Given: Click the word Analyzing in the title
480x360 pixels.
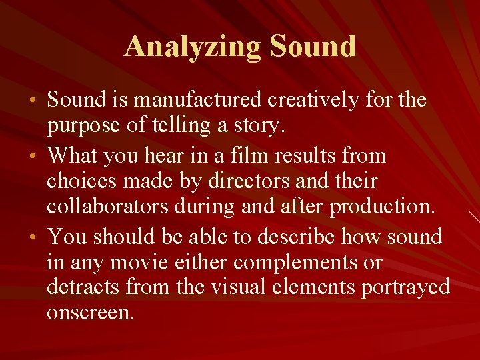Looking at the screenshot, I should tap(193, 47).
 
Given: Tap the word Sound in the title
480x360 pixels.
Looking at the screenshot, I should tap(313, 47).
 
